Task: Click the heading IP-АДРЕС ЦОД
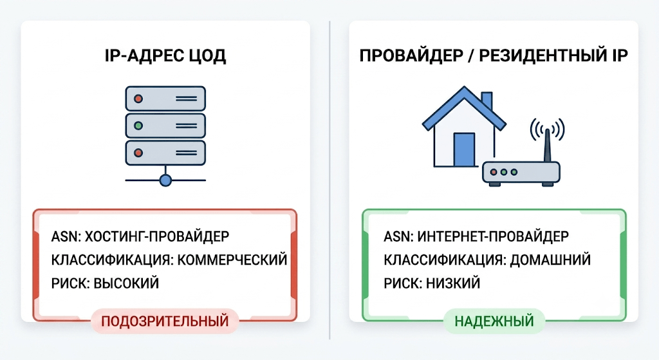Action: (x=165, y=56)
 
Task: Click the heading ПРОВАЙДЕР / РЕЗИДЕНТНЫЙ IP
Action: (x=494, y=55)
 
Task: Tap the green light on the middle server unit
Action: (x=138, y=126)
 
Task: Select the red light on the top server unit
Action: (x=138, y=99)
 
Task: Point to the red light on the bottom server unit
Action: (x=138, y=153)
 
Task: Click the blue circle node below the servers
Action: (x=165, y=180)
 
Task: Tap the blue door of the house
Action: (x=464, y=149)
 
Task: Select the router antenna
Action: (x=547, y=145)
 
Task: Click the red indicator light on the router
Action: (x=494, y=172)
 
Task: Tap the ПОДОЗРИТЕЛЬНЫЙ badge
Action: (x=165, y=321)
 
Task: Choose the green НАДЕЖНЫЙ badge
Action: (x=494, y=321)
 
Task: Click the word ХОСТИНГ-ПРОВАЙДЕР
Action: (x=157, y=236)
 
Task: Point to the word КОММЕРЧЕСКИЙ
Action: (x=232, y=260)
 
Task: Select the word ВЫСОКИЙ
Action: (x=126, y=283)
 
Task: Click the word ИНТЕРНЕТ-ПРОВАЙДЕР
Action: (x=492, y=236)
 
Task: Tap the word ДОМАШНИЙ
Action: (x=550, y=260)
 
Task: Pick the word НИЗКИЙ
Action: (x=453, y=283)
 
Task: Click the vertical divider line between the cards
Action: (x=329, y=180)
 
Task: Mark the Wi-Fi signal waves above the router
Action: (x=547, y=129)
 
